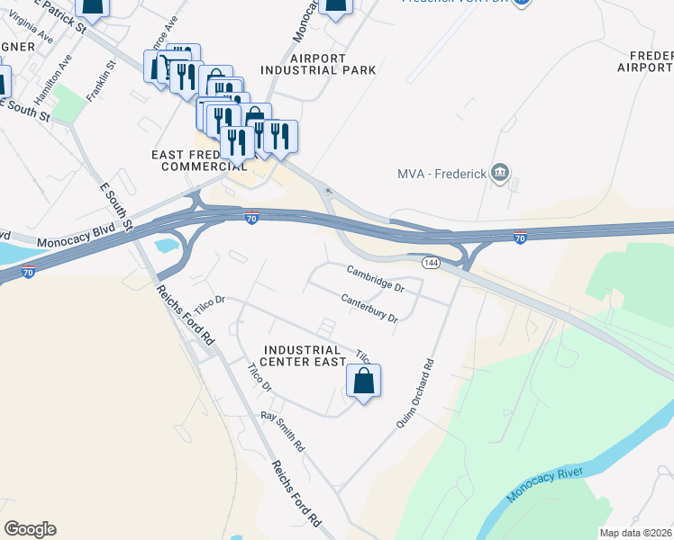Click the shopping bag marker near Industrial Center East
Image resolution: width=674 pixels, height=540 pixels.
click(x=363, y=382)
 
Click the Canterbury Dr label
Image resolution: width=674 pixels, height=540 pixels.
click(x=369, y=309)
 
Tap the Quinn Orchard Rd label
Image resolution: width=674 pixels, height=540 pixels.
click(x=415, y=393)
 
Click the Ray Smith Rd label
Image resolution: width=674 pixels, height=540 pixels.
click(x=284, y=431)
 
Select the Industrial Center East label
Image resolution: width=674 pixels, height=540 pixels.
click(x=302, y=355)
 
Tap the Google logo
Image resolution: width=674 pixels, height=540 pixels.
click(x=30, y=529)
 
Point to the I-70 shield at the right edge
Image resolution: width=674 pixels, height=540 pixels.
click(x=519, y=238)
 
